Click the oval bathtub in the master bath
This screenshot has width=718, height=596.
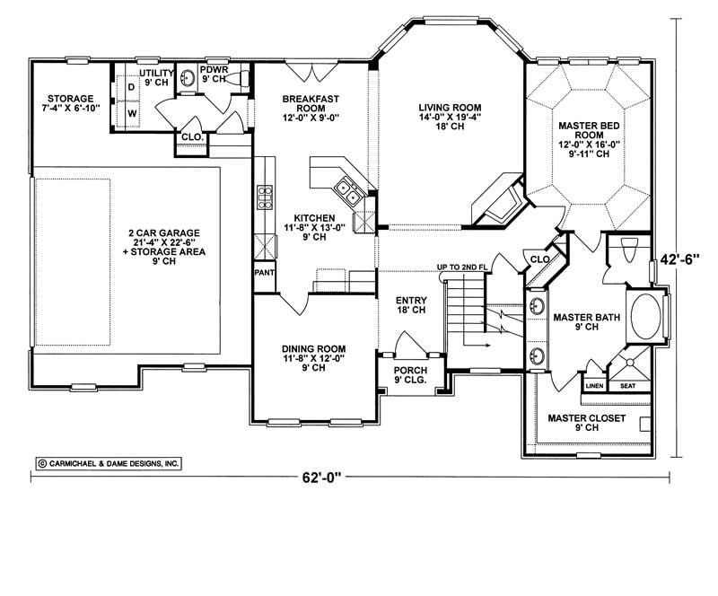click(x=645, y=317)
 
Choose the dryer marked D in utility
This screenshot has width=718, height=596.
click(x=131, y=87)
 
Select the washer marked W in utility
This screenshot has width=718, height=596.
click(x=131, y=114)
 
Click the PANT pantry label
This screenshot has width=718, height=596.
click(x=264, y=272)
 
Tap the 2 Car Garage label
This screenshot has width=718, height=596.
click(x=163, y=242)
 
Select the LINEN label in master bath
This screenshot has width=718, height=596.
click(x=594, y=387)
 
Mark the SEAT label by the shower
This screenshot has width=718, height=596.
click(x=626, y=387)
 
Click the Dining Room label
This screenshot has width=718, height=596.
click(x=314, y=356)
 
